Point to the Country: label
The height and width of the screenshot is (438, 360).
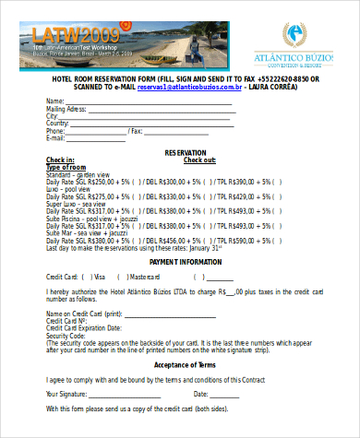pos(60,123)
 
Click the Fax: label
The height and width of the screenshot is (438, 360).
pos(136,130)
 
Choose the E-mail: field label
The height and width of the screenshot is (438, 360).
pos(60,137)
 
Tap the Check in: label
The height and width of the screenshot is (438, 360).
pos(61,160)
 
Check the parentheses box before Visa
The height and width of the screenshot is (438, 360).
pos(86,277)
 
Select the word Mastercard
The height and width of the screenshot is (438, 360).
pos(146,277)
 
